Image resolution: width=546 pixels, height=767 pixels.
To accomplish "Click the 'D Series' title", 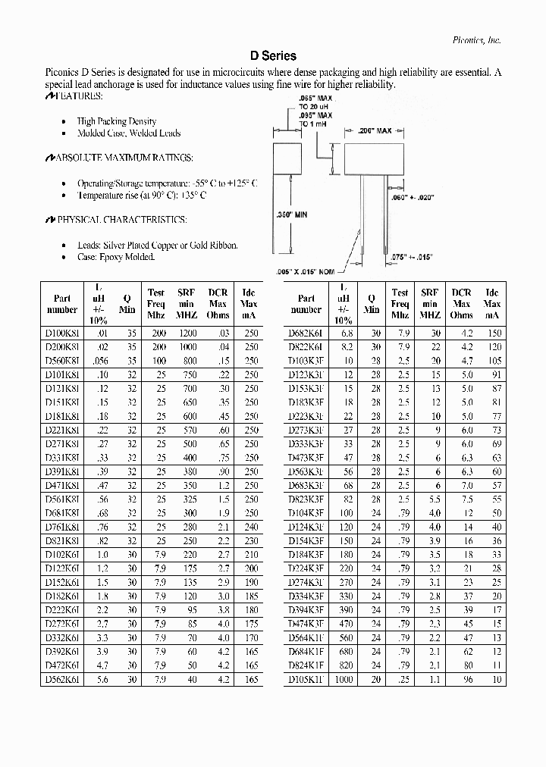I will pos(273,56).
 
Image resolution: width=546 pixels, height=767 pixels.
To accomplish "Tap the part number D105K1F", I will pos(306,680).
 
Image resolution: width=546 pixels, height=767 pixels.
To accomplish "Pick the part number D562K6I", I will pos(61,680).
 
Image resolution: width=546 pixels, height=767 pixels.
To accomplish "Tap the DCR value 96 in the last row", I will pos(467,680).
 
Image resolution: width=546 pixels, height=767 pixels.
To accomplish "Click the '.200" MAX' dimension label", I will pos(375,131).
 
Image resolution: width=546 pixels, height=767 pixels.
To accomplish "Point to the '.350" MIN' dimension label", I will pos(290,215).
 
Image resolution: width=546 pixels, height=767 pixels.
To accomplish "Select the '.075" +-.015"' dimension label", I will pos(412,258).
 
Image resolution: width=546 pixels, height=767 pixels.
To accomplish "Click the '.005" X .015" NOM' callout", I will pos(306,271).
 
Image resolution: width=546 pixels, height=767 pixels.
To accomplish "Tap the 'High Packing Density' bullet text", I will pos(117,121).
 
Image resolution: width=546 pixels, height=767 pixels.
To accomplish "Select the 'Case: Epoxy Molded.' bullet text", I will pos(116,257).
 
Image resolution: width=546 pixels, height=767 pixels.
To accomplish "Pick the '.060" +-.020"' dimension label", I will pos(413,197).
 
